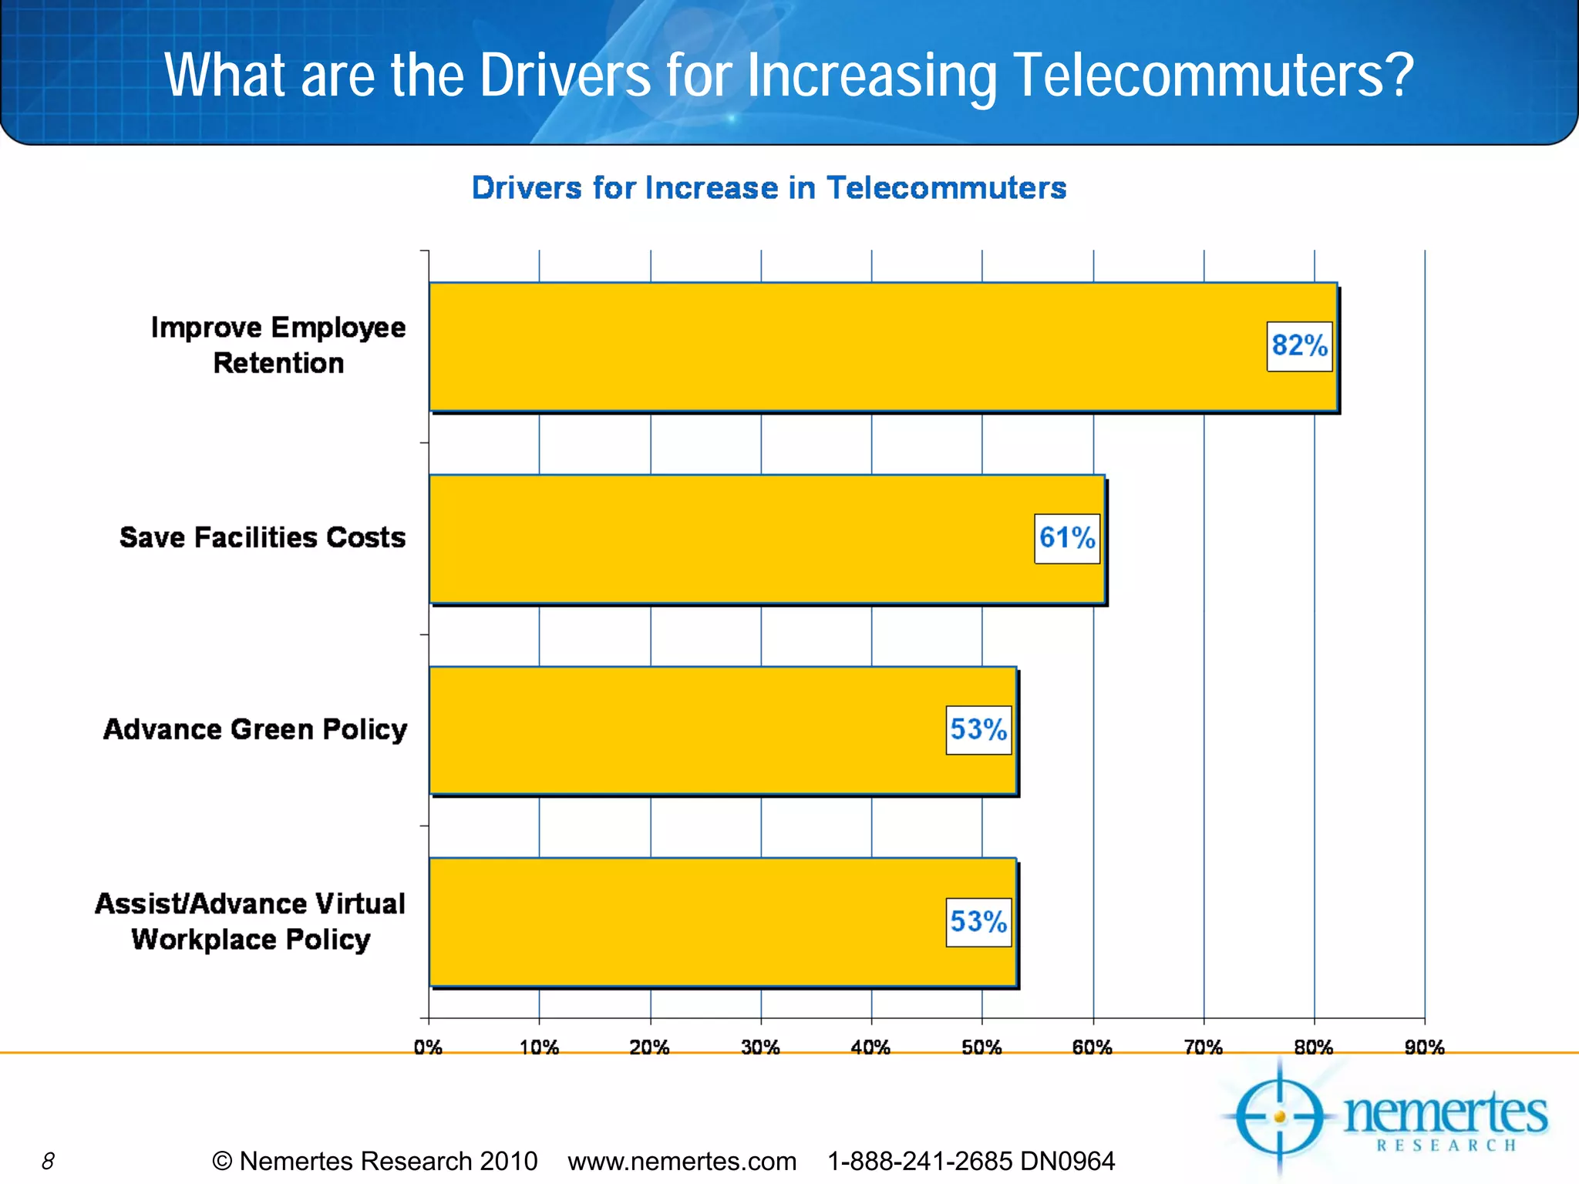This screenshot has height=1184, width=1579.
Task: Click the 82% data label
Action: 1299,346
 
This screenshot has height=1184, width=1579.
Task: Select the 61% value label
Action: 1067,538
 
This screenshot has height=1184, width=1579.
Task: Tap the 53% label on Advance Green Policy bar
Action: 978,729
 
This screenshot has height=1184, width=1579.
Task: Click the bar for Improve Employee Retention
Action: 848,347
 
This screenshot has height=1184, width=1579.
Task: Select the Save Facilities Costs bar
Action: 732,539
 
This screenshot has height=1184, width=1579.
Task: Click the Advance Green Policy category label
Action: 255,729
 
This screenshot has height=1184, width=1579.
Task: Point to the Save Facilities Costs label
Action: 262,537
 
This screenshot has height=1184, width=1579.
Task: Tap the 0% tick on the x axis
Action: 428,1048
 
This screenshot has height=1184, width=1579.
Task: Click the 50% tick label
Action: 981,1048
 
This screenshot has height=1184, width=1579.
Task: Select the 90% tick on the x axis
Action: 1424,1048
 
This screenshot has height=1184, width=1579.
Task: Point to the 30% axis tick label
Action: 760,1048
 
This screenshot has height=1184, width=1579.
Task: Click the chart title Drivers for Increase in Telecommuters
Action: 769,188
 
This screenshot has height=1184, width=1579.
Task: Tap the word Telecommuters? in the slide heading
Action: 1214,76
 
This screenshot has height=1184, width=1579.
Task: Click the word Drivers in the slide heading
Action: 565,76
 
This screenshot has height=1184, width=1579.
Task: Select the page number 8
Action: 48,1161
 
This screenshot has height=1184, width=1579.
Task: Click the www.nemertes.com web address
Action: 682,1161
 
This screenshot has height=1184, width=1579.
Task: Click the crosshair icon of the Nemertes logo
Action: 1280,1117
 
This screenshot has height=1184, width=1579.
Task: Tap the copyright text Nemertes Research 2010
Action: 375,1161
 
